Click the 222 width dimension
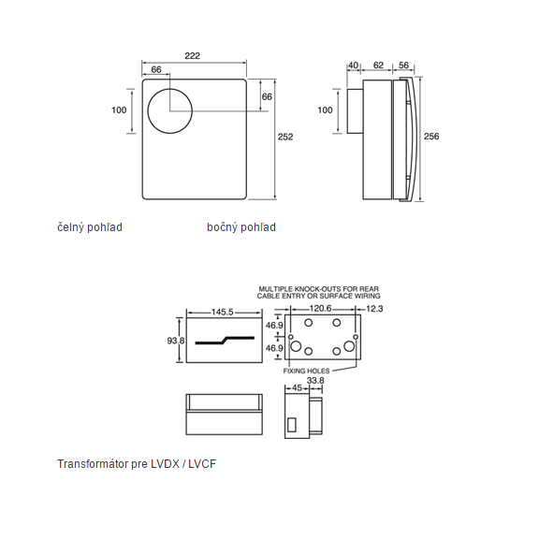pos(193,56)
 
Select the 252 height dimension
pos(285,137)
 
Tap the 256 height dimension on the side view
pos(431,137)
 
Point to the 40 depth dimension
pos(353,66)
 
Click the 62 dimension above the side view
pos(378,66)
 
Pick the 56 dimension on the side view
pos(404,66)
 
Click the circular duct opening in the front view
pos(169,110)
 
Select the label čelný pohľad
pos(90,227)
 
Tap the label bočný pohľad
pos(241,227)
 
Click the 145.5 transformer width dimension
pos(222,312)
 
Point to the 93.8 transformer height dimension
pos(175,342)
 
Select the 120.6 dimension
pos(322,308)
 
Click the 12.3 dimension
pos(375,308)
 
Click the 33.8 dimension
pos(315,381)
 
